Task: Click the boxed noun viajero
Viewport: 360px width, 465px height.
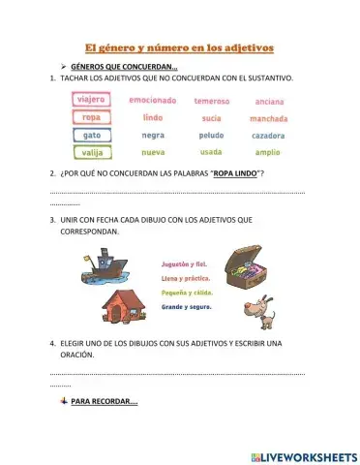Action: pyautogui.click(x=92, y=99)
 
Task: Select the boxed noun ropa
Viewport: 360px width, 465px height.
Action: pyautogui.click(x=92, y=117)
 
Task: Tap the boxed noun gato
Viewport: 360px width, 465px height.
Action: pyautogui.click(x=92, y=135)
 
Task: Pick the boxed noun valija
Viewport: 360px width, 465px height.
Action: pyautogui.click(x=92, y=153)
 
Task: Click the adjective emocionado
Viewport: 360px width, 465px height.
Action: pyautogui.click(x=153, y=100)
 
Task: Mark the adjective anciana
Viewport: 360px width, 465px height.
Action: pyautogui.click(x=268, y=101)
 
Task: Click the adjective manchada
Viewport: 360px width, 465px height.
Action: pyautogui.click(x=268, y=118)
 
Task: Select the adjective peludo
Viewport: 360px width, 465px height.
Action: pyautogui.click(x=211, y=136)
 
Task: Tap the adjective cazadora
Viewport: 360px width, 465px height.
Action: pyautogui.click(x=268, y=136)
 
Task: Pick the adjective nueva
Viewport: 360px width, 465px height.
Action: pyautogui.click(x=153, y=153)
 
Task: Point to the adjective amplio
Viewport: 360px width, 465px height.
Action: pyautogui.click(x=268, y=153)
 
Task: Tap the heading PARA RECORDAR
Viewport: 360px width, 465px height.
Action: pyautogui.click(x=104, y=401)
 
